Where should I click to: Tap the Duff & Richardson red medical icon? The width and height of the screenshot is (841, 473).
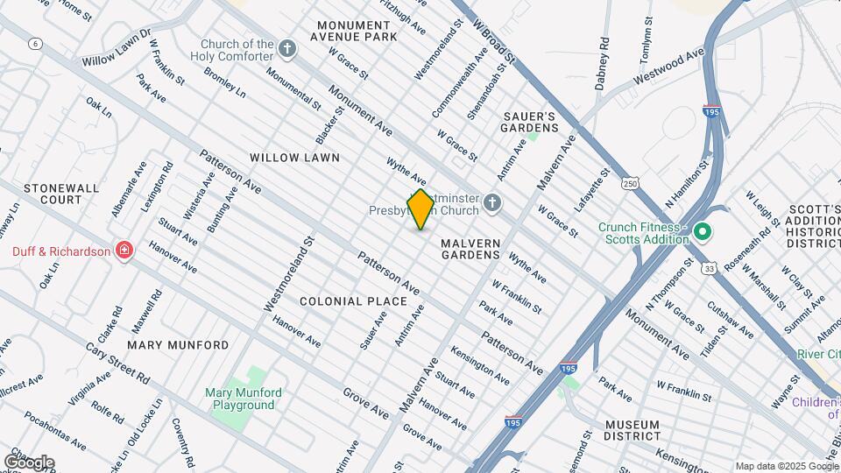(x=124, y=252)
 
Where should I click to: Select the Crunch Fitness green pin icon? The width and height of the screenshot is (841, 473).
(x=702, y=233)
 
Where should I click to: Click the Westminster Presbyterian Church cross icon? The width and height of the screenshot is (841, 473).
(x=492, y=205)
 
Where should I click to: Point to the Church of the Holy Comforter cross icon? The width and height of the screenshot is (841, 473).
(x=288, y=50)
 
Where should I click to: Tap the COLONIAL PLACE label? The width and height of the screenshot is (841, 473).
(x=353, y=301)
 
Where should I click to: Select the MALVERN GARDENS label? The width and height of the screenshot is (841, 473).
(x=470, y=249)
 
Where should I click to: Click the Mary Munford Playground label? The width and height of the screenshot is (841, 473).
(x=240, y=399)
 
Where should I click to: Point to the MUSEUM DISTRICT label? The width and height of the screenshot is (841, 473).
(x=633, y=430)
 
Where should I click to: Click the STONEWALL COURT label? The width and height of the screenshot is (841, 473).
(x=53, y=194)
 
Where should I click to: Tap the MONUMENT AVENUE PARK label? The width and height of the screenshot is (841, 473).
(x=357, y=32)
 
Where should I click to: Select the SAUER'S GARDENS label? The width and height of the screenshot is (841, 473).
(x=529, y=122)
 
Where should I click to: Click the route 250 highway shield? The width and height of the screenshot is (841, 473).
(x=632, y=182)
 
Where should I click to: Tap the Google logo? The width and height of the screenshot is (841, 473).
(x=29, y=462)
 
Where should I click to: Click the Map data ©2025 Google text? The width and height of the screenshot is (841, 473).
(x=786, y=466)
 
